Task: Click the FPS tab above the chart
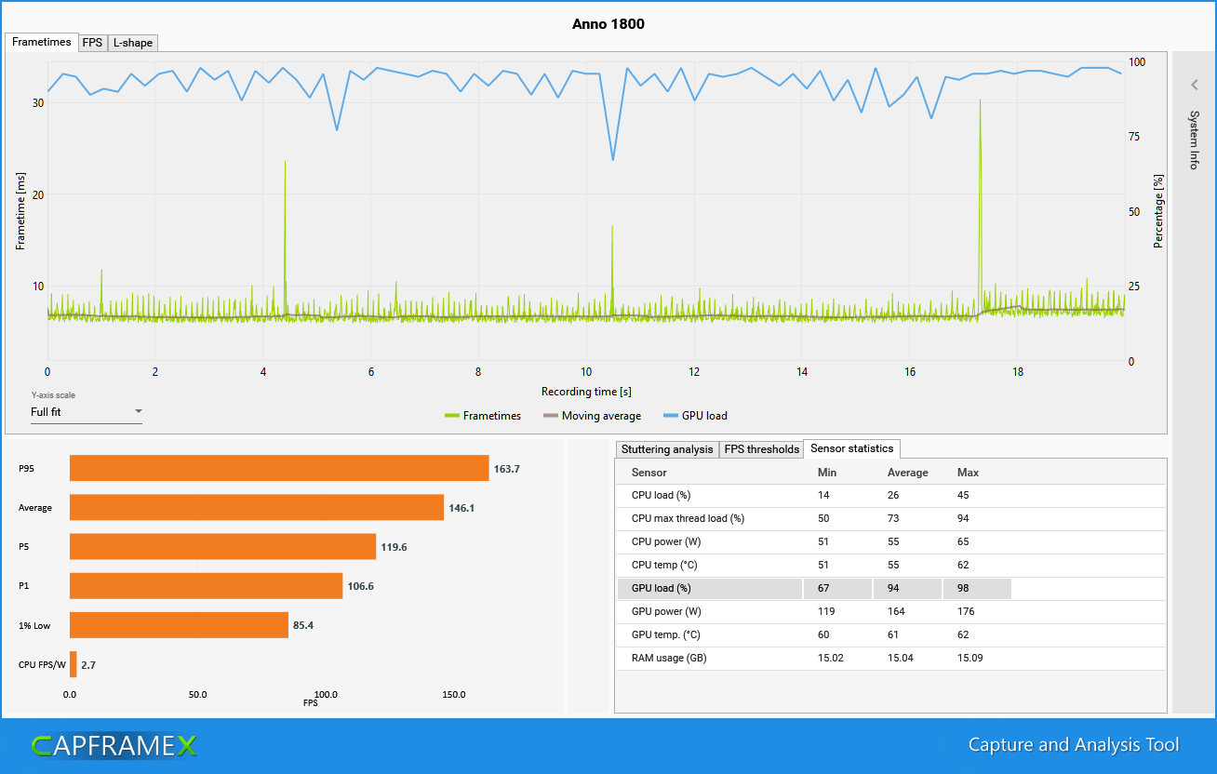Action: (x=92, y=43)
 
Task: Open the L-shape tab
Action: (x=132, y=43)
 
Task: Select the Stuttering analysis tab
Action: (x=666, y=449)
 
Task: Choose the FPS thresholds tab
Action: (x=761, y=449)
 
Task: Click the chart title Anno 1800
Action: (x=608, y=24)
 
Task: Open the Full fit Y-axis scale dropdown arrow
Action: (x=139, y=411)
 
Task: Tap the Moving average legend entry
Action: (x=592, y=416)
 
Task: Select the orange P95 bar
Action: (x=279, y=468)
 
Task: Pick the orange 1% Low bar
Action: (x=179, y=625)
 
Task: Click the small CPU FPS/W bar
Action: (x=74, y=664)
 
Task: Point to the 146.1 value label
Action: (x=461, y=508)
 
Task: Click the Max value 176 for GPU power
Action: (x=966, y=611)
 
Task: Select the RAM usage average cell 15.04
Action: (x=901, y=658)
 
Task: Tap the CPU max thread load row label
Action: (x=688, y=518)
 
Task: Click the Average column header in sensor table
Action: (x=907, y=473)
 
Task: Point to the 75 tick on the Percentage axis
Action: (x=1134, y=137)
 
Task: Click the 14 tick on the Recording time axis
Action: (x=802, y=372)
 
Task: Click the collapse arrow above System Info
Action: (x=1194, y=85)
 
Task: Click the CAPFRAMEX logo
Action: (x=114, y=746)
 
